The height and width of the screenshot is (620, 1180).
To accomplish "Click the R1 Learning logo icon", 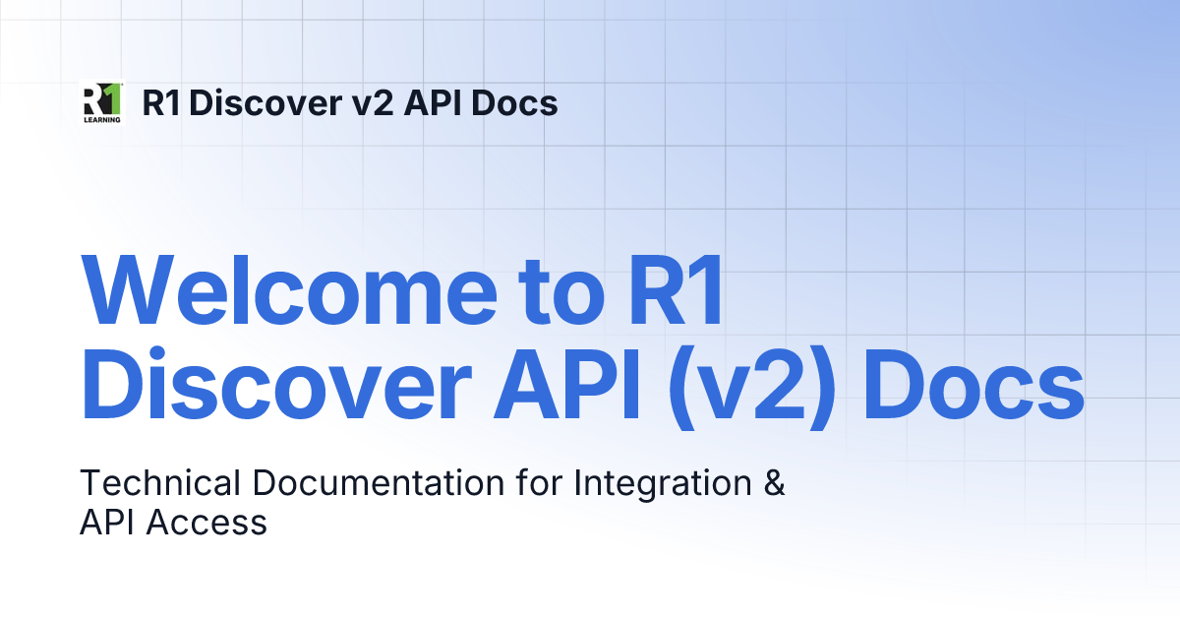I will click(x=101, y=102).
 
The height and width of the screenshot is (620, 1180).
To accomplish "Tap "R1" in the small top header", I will click(x=162, y=102).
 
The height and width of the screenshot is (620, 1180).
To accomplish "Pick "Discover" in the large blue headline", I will click(x=265, y=386).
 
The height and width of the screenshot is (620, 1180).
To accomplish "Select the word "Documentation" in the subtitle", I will click(x=375, y=484).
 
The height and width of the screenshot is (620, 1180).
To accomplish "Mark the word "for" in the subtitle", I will click(x=538, y=484).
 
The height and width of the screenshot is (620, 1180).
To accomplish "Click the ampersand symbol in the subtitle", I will click(x=774, y=484).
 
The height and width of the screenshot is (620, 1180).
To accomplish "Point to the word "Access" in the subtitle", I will click(x=206, y=523).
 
